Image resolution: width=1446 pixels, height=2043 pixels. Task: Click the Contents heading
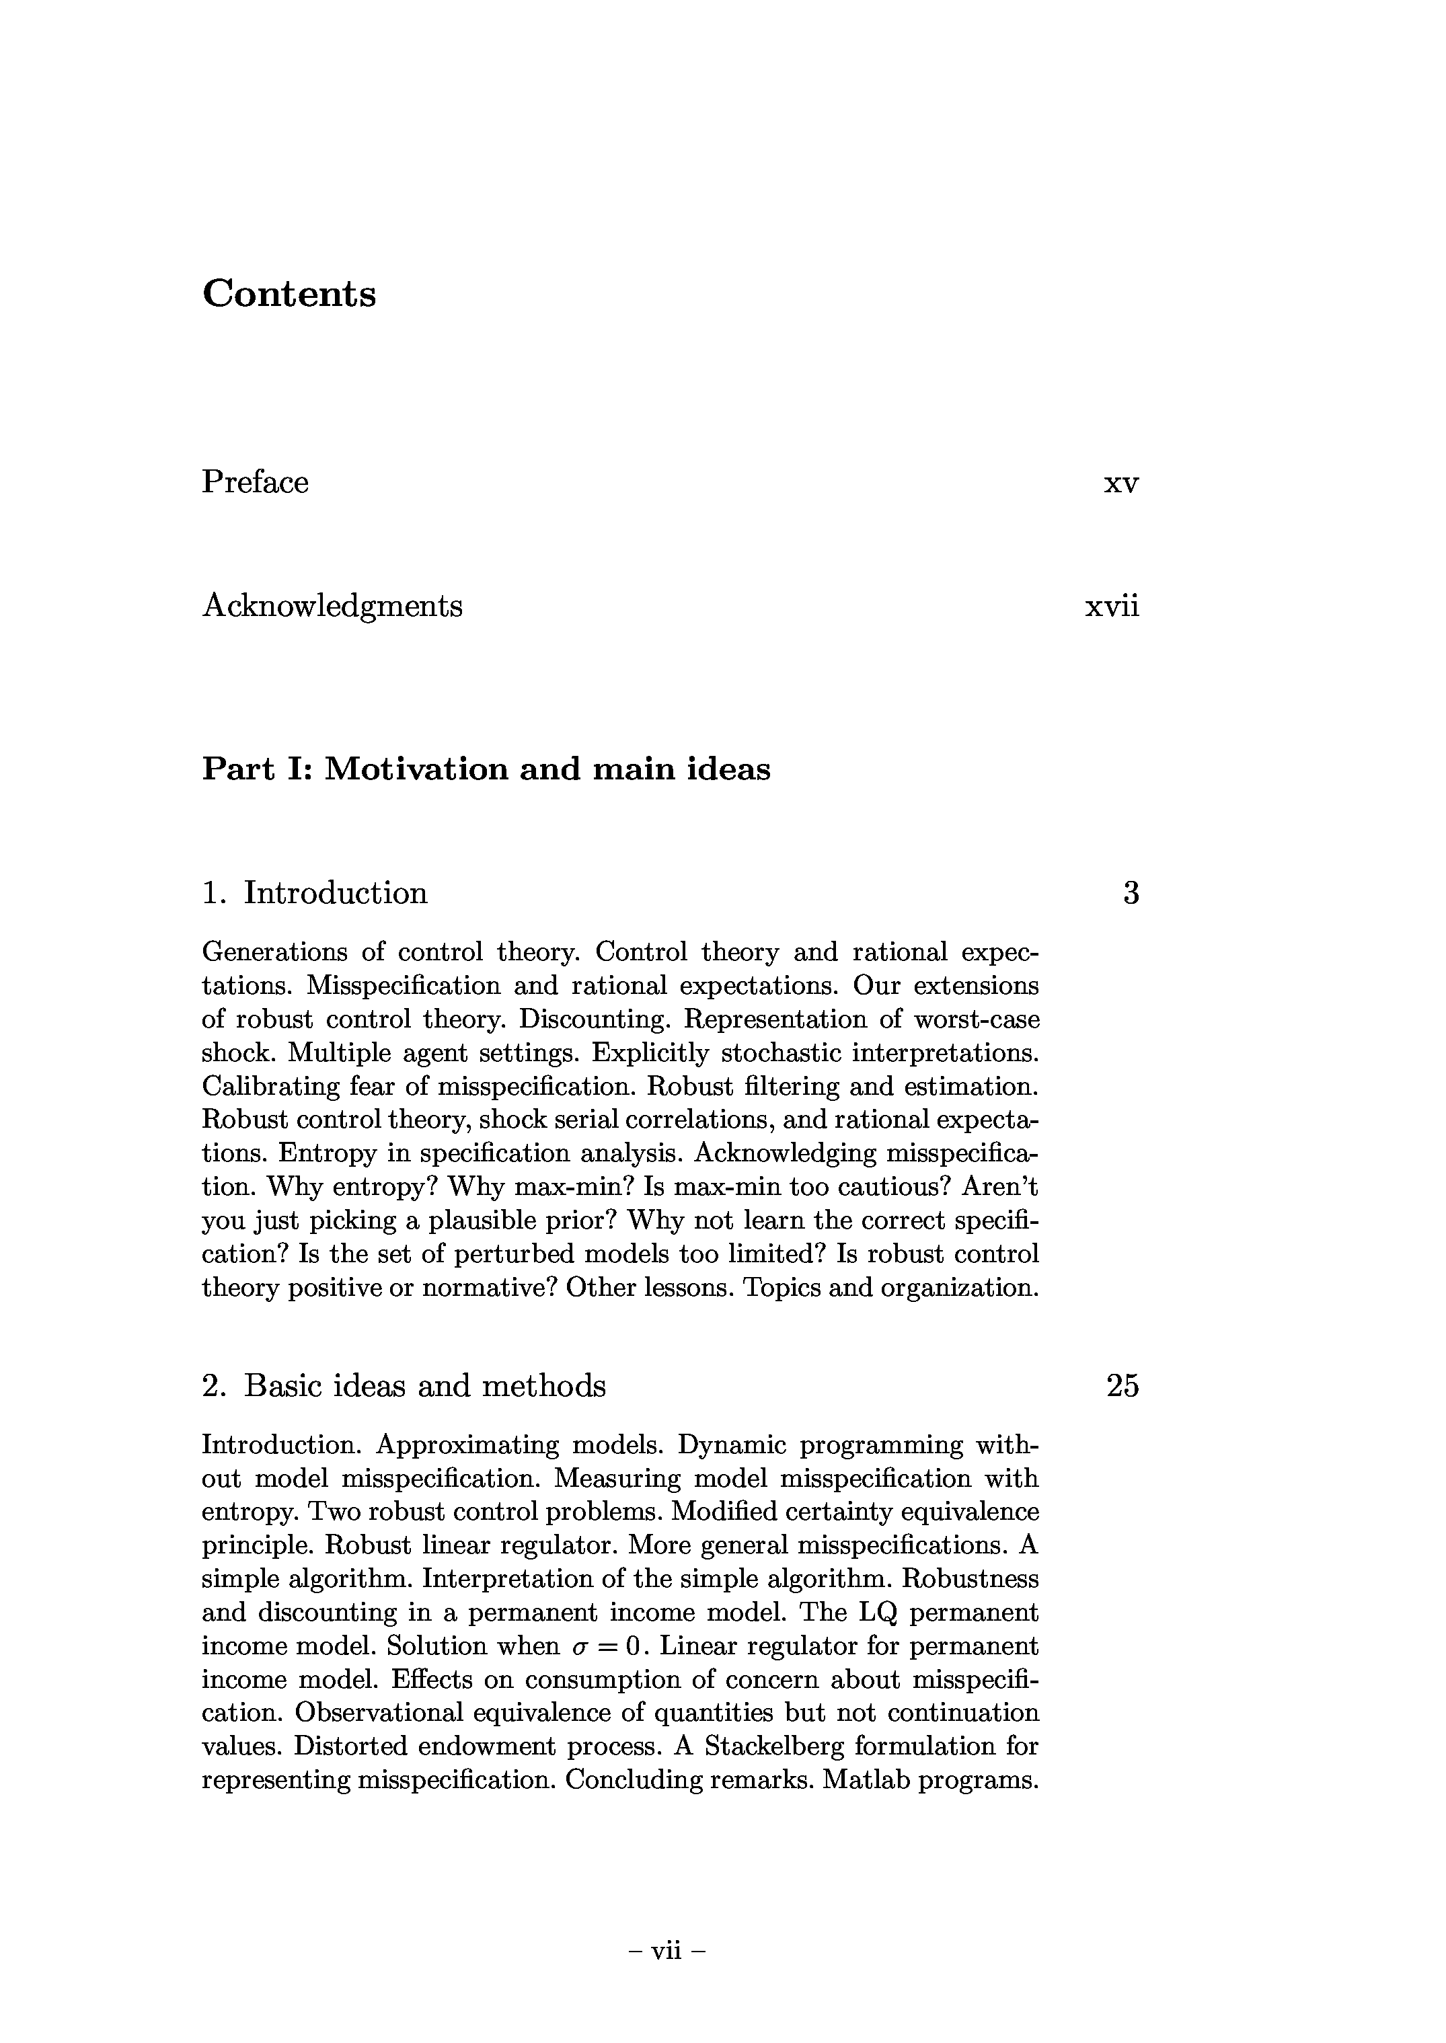coord(289,294)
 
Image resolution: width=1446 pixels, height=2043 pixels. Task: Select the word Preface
coord(256,481)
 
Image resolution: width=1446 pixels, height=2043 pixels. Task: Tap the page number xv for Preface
coord(1121,484)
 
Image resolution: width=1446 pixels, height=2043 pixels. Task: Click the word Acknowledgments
coord(332,606)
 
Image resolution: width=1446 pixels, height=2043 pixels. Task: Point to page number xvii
coord(1112,606)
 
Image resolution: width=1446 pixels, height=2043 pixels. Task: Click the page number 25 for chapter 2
coord(1122,1385)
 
